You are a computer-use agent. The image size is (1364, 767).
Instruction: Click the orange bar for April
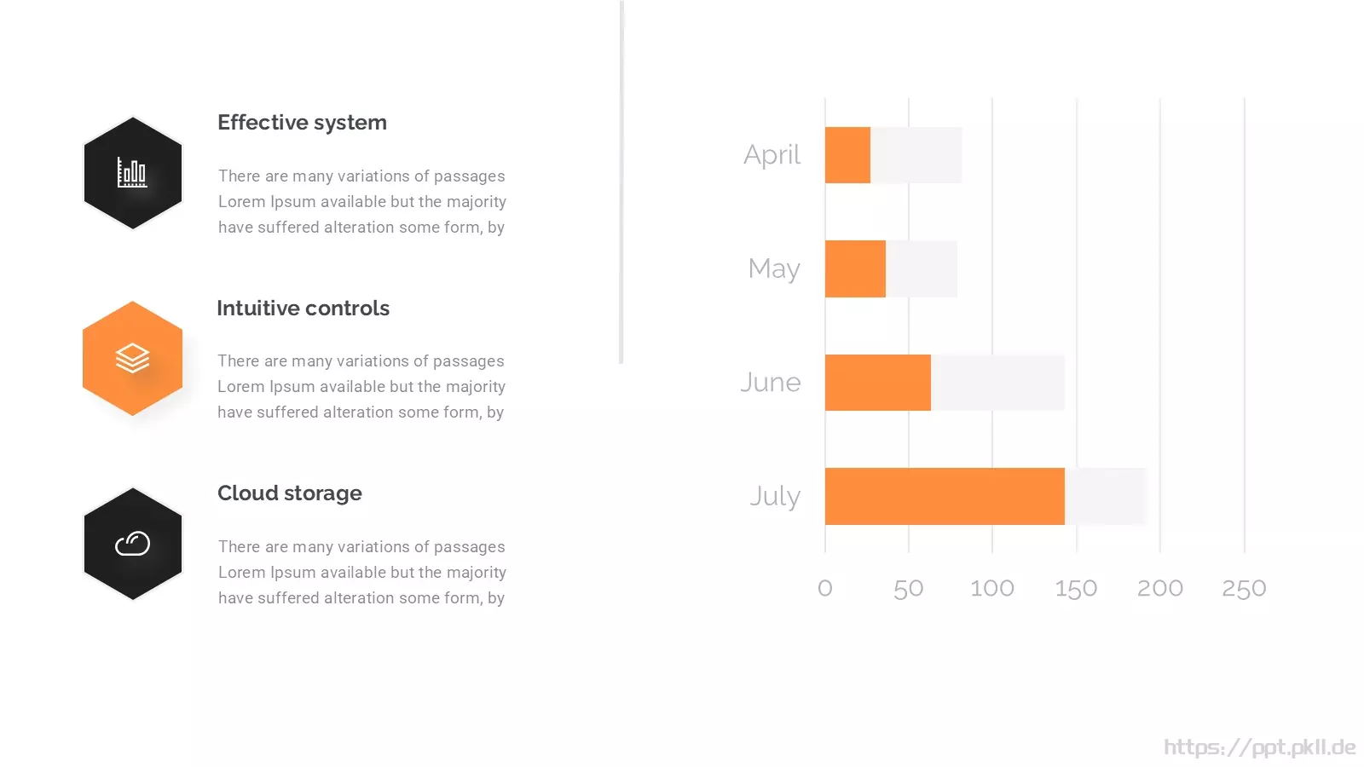(x=847, y=155)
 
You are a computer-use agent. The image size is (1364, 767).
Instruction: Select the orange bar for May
(x=856, y=268)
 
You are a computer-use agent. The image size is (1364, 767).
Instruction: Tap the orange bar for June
(x=878, y=383)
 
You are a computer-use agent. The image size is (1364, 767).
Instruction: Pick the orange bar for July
(x=945, y=496)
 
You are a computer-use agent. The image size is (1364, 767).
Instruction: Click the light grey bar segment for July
(x=1106, y=496)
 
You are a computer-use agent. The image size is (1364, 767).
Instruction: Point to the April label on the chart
(x=772, y=155)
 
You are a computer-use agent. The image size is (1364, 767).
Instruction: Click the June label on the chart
(x=771, y=383)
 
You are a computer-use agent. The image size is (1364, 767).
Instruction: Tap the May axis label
(x=774, y=269)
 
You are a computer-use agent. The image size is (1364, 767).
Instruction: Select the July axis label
(x=775, y=497)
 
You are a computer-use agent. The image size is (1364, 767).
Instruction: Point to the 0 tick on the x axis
(x=825, y=588)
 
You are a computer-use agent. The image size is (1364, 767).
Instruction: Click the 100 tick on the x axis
(x=992, y=588)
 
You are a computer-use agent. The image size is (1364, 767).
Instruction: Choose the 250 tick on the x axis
(x=1244, y=588)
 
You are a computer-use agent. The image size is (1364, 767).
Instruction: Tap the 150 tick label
(x=1076, y=588)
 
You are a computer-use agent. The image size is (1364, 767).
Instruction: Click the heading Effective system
(x=302, y=123)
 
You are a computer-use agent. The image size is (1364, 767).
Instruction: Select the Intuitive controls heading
(x=303, y=308)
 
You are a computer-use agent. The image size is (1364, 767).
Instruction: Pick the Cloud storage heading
(x=290, y=493)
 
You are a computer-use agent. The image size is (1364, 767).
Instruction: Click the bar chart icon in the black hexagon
(x=132, y=172)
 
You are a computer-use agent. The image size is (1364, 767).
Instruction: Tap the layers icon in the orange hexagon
(x=132, y=358)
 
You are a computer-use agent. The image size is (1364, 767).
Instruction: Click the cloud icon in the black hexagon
(x=132, y=544)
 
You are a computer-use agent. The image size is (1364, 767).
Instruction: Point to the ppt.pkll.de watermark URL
(x=1260, y=747)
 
